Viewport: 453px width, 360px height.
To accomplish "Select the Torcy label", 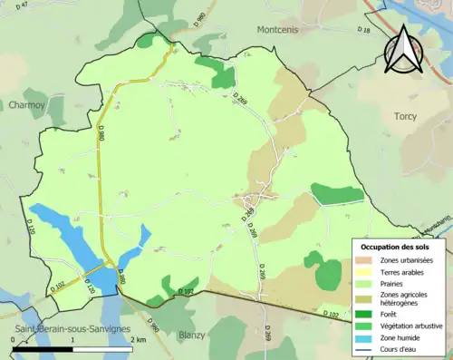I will pyautogui.click(x=405, y=116).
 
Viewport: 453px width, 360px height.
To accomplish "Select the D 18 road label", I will pyautogui.click(x=364, y=31).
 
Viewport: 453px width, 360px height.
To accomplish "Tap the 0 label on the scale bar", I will pyautogui.click(x=14, y=339).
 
